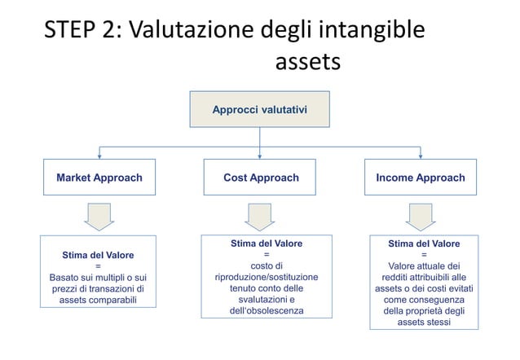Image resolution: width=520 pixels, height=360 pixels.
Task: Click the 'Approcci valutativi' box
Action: coord(259,109)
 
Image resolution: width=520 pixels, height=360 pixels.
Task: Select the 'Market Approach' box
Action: coord(99,178)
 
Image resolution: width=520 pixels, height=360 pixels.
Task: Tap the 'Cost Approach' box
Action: coord(261,178)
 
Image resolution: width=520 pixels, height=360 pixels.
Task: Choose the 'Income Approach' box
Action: coord(421,178)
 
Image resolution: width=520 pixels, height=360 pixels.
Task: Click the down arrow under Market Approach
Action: coord(99,216)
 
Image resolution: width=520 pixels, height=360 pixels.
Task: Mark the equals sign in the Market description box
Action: coord(99,266)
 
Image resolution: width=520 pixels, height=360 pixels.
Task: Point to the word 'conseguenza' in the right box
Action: coord(437,301)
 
